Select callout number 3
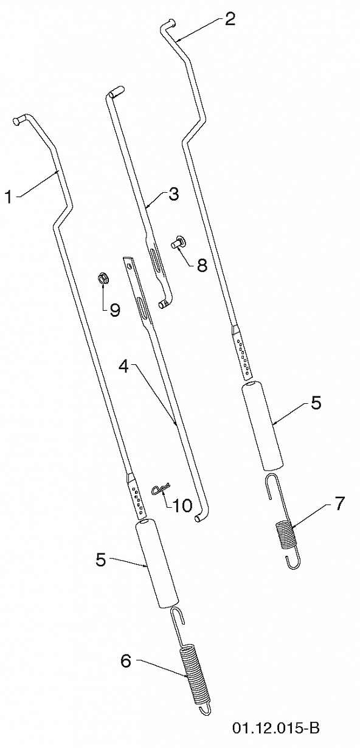(x=173, y=195)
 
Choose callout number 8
(x=201, y=265)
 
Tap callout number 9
(x=114, y=310)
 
